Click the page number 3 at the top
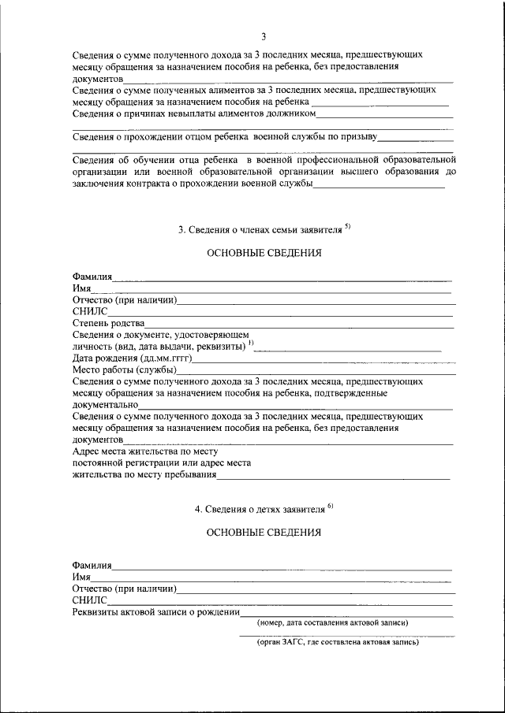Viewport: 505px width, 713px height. (x=264, y=36)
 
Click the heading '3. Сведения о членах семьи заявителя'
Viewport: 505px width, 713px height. (x=260, y=230)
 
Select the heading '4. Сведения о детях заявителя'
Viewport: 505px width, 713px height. (x=260, y=510)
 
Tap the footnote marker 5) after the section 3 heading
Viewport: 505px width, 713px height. (x=348, y=227)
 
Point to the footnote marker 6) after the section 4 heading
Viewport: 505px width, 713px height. (x=331, y=506)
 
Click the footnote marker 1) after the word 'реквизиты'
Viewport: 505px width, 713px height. (x=251, y=344)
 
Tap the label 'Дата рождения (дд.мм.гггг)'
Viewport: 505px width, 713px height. (x=132, y=358)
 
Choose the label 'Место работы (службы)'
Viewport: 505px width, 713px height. (x=124, y=369)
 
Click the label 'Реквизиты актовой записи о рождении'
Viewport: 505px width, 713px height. (x=155, y=612)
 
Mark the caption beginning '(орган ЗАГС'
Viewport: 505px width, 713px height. (x=337, y=642)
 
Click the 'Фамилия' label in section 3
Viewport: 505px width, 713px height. (x=92, y=277)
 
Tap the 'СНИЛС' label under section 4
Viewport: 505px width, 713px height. (x=89, y=600)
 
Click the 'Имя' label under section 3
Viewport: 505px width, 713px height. (x=81, y=289)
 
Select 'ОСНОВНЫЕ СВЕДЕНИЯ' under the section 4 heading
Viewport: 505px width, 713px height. (x=264, y=533)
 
